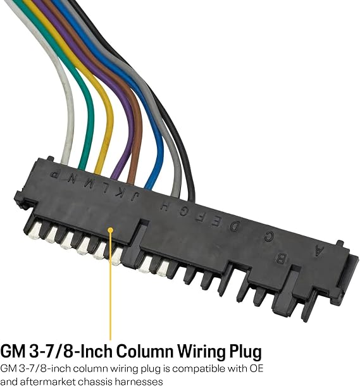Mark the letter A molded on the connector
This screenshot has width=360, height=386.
click(318, 251)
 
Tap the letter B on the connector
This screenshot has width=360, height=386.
click(280, 259)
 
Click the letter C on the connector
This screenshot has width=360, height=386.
click(269, 237)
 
